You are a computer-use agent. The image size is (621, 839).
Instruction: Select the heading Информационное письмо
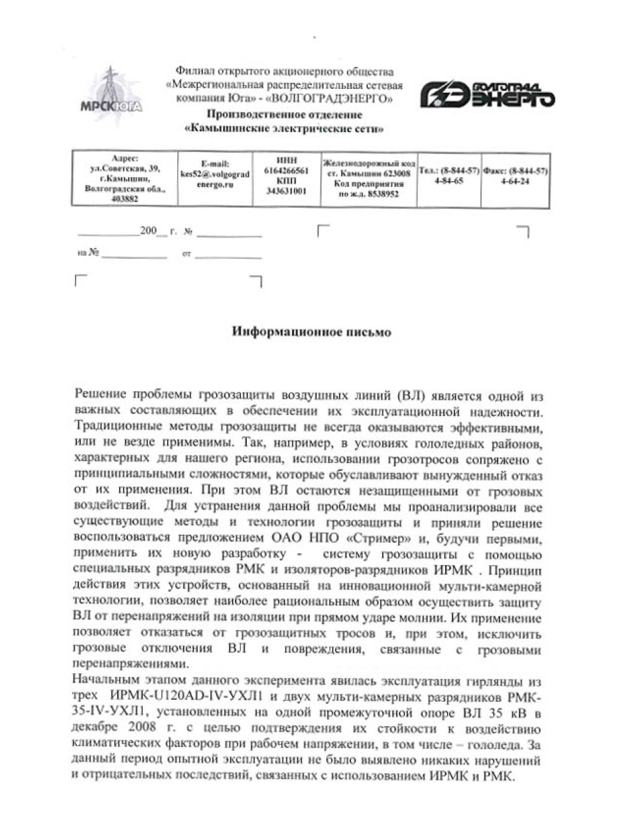(311, 332)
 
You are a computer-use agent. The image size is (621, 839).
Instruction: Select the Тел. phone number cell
(448, 176)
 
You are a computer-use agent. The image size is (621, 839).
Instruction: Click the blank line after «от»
(228, 256)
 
